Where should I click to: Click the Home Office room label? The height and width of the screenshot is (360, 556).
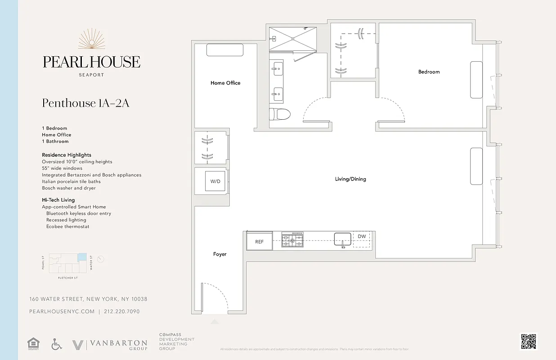(225, 83)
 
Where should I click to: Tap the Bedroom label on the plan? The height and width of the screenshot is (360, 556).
(429, 72)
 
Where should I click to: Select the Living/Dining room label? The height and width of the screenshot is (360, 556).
(350, 179)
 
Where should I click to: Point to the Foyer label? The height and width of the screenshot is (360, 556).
(220, 254)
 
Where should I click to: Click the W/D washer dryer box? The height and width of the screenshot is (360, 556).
(215, 181)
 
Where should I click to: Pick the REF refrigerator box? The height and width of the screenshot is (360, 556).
(260, 242)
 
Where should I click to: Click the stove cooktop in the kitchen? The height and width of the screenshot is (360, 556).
(292, 240)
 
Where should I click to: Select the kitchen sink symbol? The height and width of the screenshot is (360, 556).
(343, 239)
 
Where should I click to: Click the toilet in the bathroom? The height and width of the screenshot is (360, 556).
(280, 114)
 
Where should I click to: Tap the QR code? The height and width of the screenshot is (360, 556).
(529, 342)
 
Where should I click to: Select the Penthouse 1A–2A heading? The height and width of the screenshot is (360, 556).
(86, 103)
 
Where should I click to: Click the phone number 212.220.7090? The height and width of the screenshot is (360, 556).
(122, 311)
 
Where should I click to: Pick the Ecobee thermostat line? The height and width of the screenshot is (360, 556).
(67, 227)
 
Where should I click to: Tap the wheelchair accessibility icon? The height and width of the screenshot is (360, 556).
(56, 345)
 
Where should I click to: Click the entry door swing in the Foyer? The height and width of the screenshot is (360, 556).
(214, 297)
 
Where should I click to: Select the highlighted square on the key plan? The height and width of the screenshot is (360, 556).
(82, 256)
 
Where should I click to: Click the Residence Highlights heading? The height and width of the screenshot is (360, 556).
(67, 155)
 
